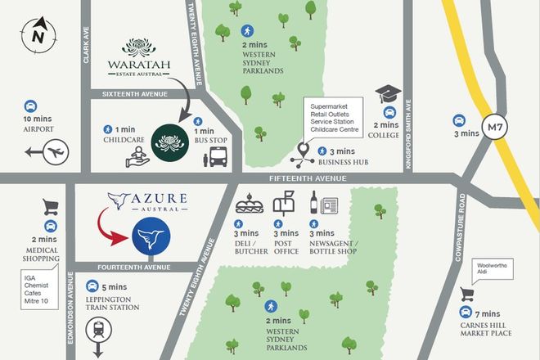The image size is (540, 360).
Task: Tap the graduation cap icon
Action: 386,96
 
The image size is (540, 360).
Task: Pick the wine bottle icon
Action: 312,201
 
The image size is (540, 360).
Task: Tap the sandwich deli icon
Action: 247,203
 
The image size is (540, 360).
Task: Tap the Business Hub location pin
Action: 303,151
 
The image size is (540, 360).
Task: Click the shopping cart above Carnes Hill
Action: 469,294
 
